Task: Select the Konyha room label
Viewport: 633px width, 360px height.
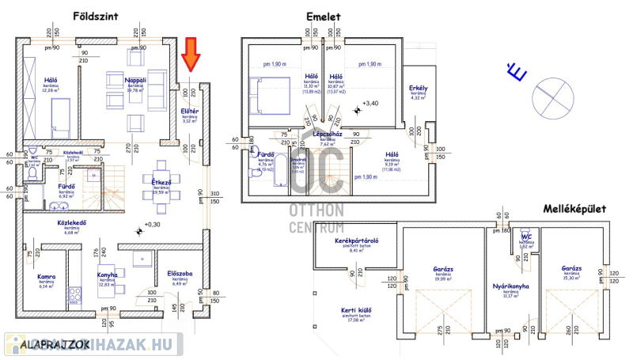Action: click(108, 275)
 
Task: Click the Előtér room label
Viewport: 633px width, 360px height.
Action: click(190, 111)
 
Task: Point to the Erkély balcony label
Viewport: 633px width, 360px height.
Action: click(419, 87)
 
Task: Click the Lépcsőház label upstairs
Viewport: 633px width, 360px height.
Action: click(325, 135)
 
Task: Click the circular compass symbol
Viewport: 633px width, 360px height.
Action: click(551, 93)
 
